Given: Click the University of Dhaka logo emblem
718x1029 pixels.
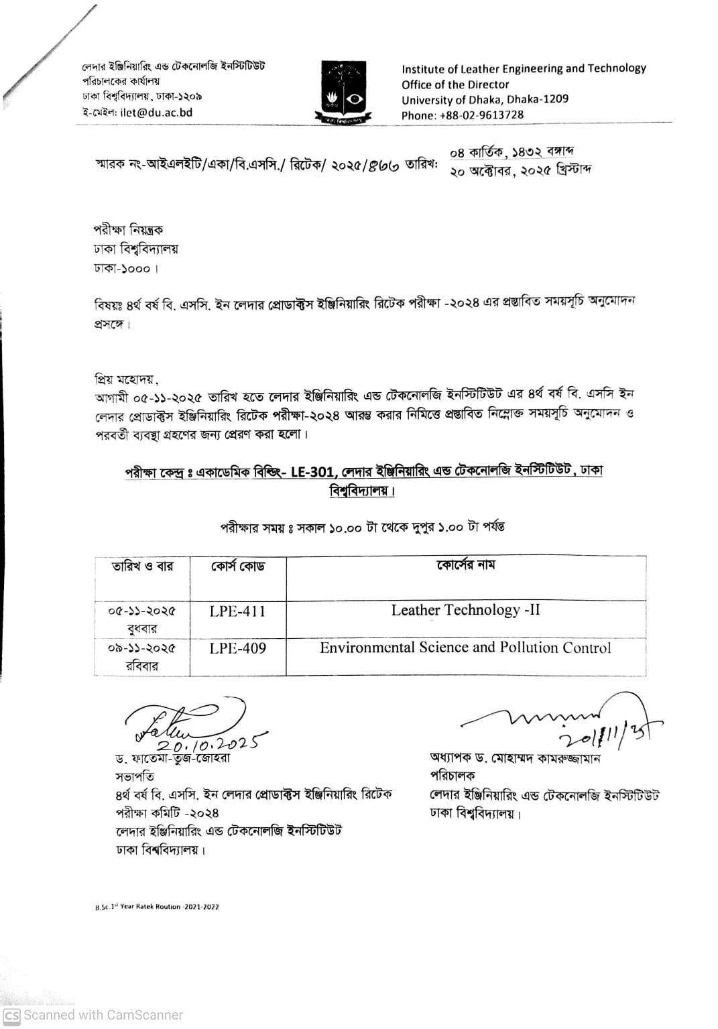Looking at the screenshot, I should click(343, 92).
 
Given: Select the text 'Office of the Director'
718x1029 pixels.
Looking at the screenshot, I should click(455, 84).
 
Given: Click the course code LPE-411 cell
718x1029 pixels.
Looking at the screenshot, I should click(237, 611).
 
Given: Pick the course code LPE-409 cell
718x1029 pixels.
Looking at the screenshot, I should click(237, 648).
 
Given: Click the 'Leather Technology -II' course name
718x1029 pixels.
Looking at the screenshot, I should click(465, 610).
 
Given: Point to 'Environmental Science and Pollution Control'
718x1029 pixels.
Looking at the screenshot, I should click(465, 648).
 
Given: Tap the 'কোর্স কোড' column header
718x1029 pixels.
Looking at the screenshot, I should click(237, 566).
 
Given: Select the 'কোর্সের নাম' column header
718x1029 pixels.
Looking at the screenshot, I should click(465, 565).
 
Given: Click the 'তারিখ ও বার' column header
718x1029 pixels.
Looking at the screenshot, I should click(142, 566).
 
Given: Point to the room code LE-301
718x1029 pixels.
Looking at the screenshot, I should click(312, 472).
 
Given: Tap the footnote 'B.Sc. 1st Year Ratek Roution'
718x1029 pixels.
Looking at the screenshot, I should click(156, 907).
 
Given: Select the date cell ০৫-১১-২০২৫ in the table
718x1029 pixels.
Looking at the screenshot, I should click(141, 611).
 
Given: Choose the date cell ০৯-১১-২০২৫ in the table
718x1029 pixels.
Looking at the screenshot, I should click(141, 648).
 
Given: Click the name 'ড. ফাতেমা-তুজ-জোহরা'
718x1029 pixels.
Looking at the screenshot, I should click(172, 759).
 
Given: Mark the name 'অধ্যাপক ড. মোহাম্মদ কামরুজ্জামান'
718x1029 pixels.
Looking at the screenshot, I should click(515, 758).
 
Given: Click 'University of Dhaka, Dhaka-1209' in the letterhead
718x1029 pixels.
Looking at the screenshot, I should click(485, 99).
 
